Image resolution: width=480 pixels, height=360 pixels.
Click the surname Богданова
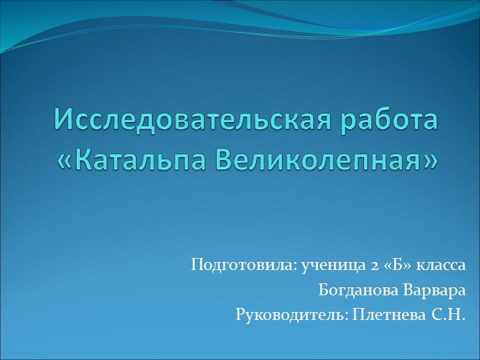pos(359,290)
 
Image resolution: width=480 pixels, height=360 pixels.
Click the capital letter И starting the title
pos(62,120)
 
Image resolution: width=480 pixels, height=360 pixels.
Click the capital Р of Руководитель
pos(240,314)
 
